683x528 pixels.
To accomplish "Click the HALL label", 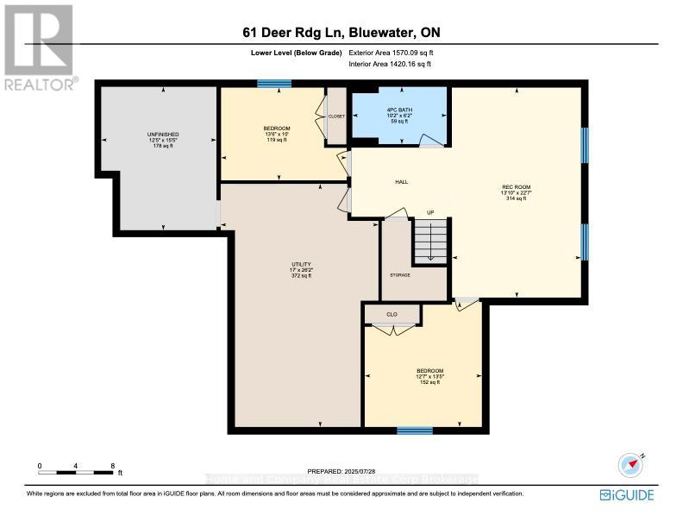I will point(401,182).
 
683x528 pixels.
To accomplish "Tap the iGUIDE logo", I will point(627,495).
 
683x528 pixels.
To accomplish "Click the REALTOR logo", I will point(39,47).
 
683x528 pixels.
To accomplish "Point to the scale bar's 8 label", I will point(112,466).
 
